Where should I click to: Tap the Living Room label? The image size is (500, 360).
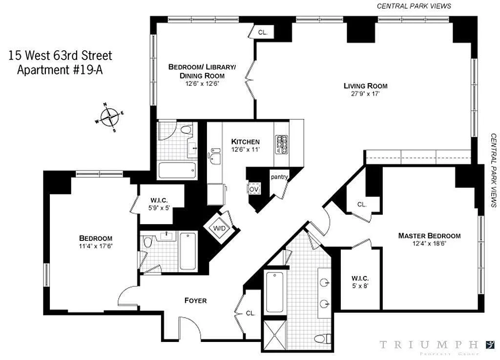tap(365, 86)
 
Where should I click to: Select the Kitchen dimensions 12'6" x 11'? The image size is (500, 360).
tap(245, 150)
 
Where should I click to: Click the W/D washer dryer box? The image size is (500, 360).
tap(217, 228)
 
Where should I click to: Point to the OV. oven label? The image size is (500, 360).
tap(253, 189)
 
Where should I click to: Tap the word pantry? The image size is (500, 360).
tap(279, 177)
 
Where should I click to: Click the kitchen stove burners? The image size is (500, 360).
tap(281, 145)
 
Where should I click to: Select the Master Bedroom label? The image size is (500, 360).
tap(429, 235)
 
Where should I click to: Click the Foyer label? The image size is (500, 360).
tap(195, 300)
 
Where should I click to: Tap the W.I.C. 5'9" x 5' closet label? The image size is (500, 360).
tap(157, 202)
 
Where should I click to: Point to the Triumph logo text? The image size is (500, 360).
tap(429, 345)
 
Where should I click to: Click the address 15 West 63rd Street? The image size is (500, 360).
tap(60, 56)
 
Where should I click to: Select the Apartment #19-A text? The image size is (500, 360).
tap(60, 69)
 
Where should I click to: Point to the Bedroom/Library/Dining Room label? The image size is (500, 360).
tap(202, 71)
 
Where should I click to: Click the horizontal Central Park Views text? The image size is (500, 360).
tap(414, 6)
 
